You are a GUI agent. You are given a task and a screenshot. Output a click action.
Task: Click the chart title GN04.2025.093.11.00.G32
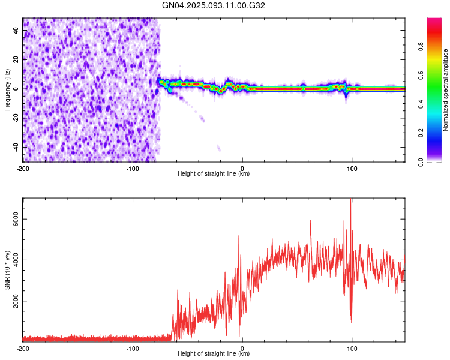pos(214,5)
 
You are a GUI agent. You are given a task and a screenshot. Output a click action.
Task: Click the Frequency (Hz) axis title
pos(7,89)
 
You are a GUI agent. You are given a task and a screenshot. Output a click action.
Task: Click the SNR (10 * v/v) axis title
pos(7,269)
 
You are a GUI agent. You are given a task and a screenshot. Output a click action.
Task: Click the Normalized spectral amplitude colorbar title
pos(445,90)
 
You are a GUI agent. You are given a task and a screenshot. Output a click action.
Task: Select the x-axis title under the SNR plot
pos(214,354)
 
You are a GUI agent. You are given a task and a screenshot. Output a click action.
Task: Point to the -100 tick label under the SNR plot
pos(133,348)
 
